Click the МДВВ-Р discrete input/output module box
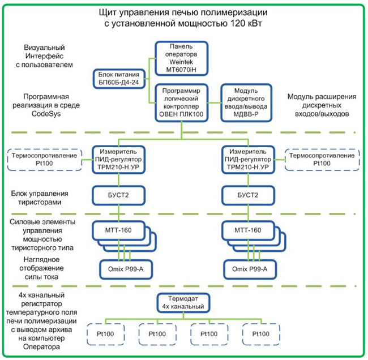pyautogui.click(x=247, y=102)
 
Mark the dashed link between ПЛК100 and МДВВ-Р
pyautogui.click(x=213, y=103)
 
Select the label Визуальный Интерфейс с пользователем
pyautogui.click(x=48, y=56)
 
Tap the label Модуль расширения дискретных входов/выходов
pyautogui.click(x=321, y=106)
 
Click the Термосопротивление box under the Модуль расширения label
pyautogui.click(x=320, y=158)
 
